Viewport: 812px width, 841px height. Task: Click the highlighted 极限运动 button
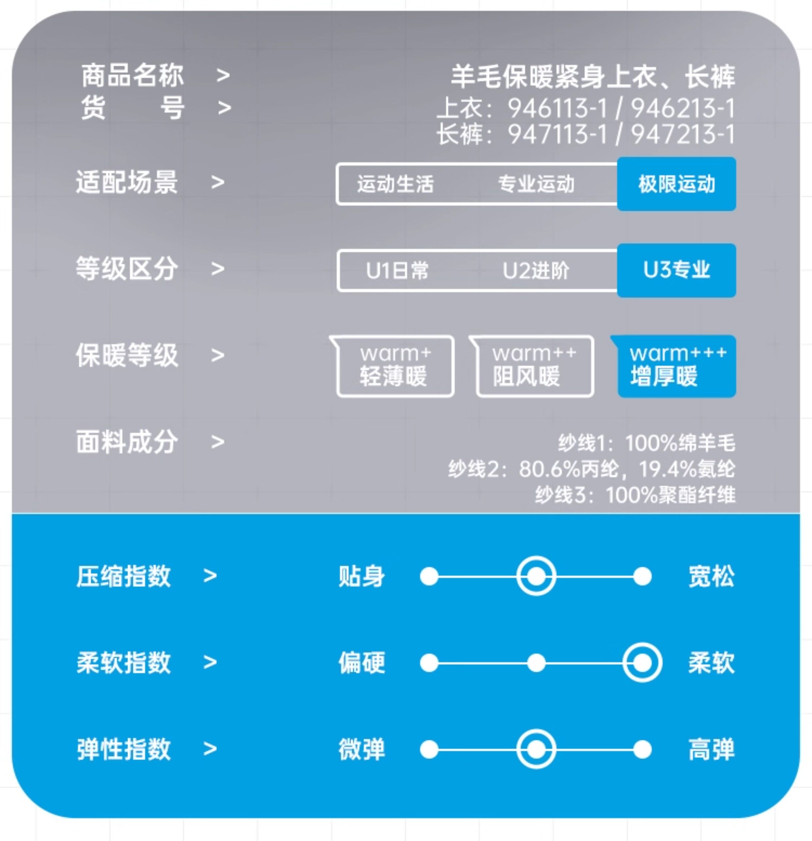tap(676, 184)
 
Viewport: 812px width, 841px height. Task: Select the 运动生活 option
tap(395, 184)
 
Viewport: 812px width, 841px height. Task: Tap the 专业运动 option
tap(536, 184)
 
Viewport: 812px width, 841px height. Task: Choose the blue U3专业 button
tap(676, 270)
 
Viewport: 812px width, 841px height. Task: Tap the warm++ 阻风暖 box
tap(534, 366)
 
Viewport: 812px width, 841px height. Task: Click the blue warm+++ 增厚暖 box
tap(677, 366)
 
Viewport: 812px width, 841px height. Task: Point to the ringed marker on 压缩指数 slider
tap(536, 576)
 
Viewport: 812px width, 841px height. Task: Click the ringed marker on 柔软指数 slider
tap(642, 663)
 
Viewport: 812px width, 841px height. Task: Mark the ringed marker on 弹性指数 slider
tap(536, 750)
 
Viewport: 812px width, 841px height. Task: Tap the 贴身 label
tap(361, 576)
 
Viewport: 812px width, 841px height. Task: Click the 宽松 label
tap(711, 576)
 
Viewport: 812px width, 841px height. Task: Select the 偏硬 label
tap(361, 663)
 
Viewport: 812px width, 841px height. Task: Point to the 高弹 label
tap(711, 750)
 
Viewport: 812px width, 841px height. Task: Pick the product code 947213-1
tap(682, 134)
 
